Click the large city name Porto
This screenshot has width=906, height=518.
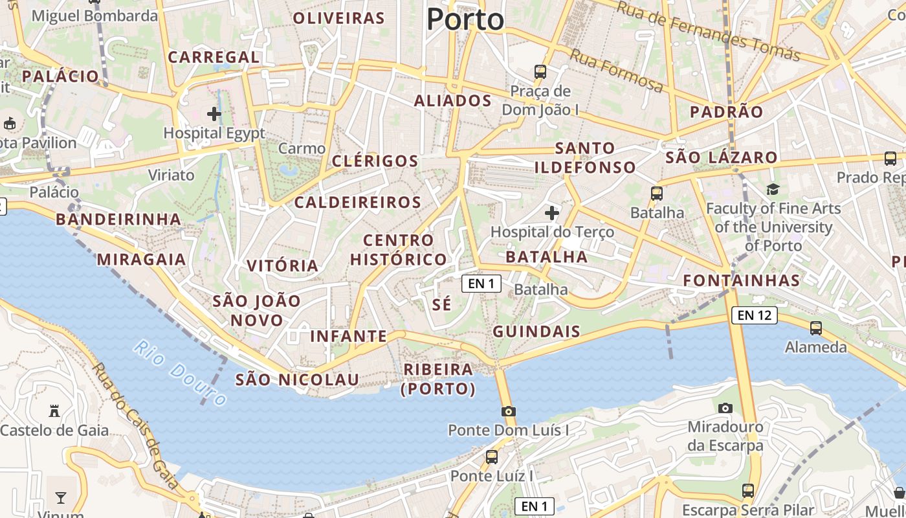[465, 19]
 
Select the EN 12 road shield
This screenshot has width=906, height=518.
[754, 315]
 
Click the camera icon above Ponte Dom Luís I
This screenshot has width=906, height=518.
[509, 411]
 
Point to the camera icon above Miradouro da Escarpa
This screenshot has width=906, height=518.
[725, 408]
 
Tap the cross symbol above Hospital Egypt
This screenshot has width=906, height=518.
[214, 115]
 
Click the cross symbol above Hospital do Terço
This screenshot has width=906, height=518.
[552, 212]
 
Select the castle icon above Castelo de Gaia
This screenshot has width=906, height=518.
[54, 411]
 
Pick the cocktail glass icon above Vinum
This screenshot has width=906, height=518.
[61, 497]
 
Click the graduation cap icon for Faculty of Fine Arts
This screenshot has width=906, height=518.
[773, 189]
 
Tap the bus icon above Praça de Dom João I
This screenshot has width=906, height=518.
[540, 71]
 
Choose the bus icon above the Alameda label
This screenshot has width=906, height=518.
[816, 328]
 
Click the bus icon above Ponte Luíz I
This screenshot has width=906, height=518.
[492, 456]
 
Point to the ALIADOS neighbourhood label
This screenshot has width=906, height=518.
[453, 101]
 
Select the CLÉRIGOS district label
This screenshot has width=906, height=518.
[375, 161]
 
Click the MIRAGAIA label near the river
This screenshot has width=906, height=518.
[141, 260]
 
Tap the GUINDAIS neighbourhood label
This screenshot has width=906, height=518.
[536, 332]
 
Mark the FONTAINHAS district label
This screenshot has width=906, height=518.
[742, 280]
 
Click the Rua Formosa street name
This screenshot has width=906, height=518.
[616, 71]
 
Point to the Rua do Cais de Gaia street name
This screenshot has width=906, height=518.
[135, 425]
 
